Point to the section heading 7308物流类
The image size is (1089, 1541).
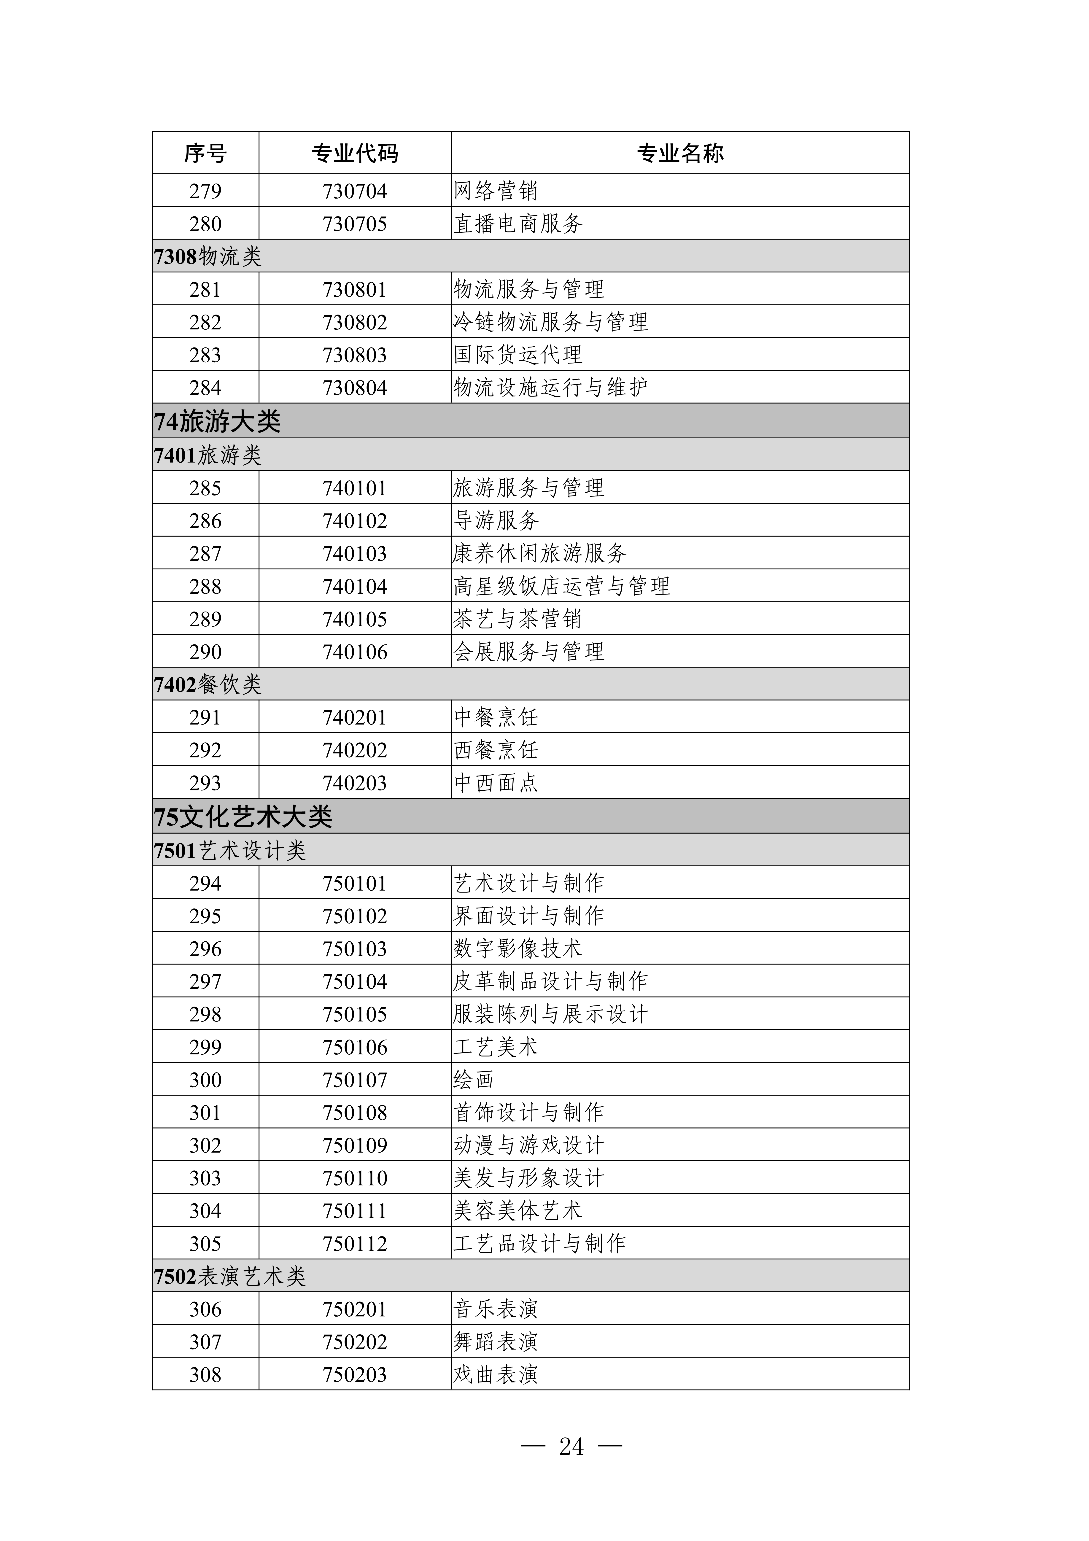(208, 256)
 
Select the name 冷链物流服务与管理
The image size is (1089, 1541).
(550, 322)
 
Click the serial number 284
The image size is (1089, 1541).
(205, 387)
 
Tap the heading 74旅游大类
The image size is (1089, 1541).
(217, 421)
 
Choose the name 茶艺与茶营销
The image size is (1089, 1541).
(518, 619)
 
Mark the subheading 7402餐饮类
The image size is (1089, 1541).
(208, 684)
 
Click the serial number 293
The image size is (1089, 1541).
(205, 783)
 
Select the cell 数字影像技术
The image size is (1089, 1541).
(518, 948)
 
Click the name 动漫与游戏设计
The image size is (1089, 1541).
(529, 1145)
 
